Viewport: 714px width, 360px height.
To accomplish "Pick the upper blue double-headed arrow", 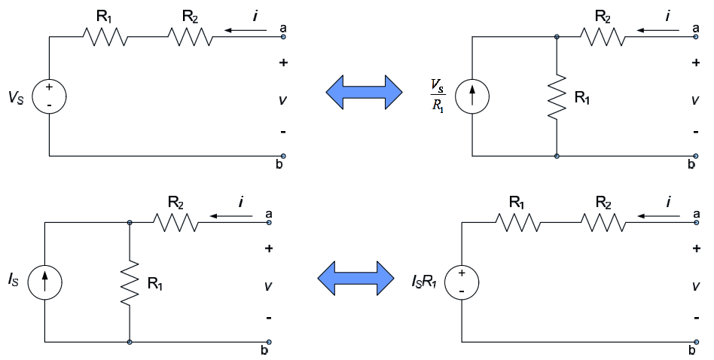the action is point(364,93).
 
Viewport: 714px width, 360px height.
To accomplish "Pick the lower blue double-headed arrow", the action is point(355,278).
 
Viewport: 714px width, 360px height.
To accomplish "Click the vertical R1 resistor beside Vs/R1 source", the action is point(557,97).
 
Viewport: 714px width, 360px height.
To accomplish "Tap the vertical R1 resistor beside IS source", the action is point(130,283).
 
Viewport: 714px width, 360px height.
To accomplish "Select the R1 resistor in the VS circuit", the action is point(105,36).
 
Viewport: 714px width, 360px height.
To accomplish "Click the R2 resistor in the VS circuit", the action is point(191,36).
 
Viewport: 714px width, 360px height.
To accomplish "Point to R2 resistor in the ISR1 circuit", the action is point(603,223).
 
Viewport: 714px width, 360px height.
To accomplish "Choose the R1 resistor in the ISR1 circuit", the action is point(517,223).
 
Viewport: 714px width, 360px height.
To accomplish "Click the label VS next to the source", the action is point(16,97).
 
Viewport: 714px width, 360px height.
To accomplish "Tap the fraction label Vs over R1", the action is point(438,96).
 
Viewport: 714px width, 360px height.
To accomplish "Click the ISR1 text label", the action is point(424,282).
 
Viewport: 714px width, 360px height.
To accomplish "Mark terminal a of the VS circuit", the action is point(283,36).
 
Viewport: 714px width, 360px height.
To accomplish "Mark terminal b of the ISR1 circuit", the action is point(696,342).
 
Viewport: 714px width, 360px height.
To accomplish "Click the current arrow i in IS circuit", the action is point(231,216).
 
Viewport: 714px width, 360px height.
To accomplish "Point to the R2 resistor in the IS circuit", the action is point(175,223).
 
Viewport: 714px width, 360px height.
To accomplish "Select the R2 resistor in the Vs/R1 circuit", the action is point(603,36).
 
